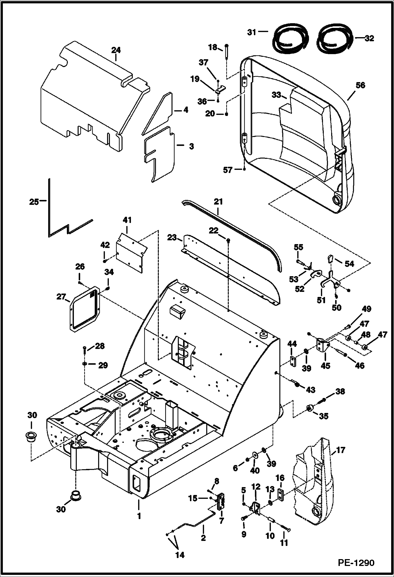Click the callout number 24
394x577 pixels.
116,50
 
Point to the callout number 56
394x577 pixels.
360,85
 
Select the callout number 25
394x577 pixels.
34,202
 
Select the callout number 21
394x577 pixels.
218,202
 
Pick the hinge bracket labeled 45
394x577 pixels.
322,345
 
